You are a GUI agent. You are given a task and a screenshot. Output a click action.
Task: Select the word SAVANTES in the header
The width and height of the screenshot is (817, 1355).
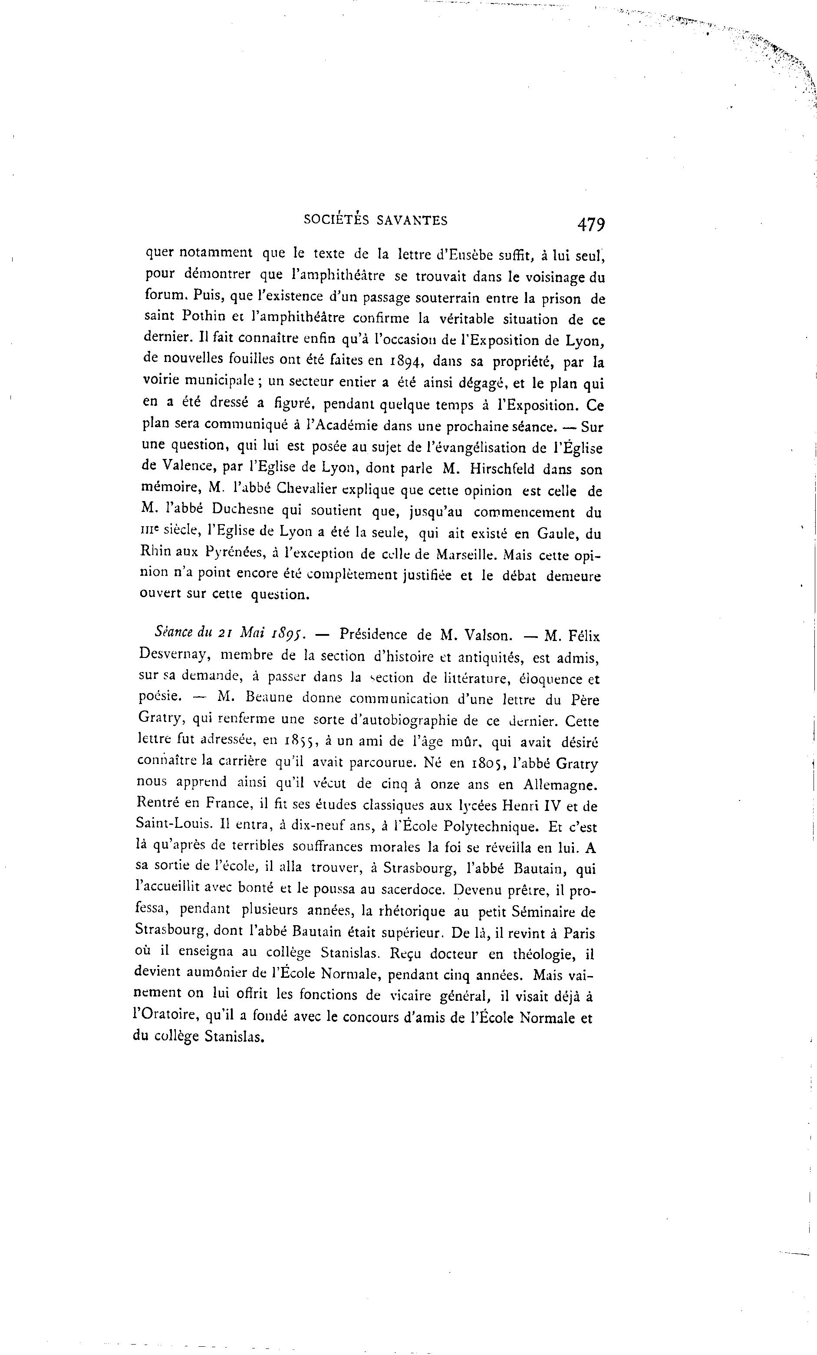[412, 220]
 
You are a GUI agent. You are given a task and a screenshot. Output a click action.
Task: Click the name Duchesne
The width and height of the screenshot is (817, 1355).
[234, 511]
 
